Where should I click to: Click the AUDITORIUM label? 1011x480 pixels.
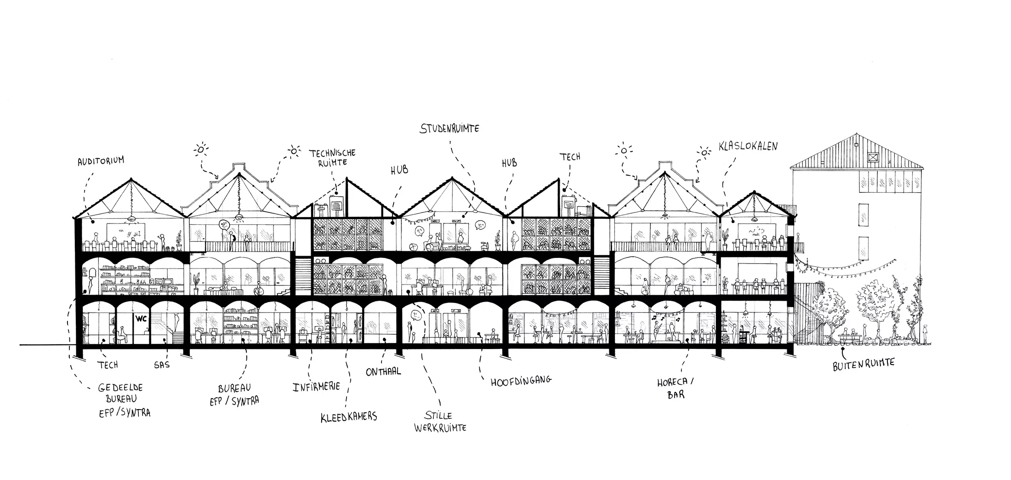point(101,160)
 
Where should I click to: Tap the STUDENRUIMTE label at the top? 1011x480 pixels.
point(449,128)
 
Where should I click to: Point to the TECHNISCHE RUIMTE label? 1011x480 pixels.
point(332,157)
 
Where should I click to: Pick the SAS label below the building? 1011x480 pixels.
point(162,365)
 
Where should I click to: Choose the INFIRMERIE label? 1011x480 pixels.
point(316,386)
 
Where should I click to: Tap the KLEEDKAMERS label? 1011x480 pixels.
point(349,417)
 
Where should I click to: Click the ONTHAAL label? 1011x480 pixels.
point(383,371)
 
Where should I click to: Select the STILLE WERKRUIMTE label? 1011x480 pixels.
point(440,422)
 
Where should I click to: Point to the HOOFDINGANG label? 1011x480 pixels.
point(521,381)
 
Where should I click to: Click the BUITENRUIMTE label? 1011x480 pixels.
point(863,364)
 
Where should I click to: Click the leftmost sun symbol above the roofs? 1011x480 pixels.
point(201,149)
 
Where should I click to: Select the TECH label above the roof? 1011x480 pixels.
point(569,157)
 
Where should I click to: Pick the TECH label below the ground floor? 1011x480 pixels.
point(108,365)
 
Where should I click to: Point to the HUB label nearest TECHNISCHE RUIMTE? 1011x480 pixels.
point(399,170)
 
